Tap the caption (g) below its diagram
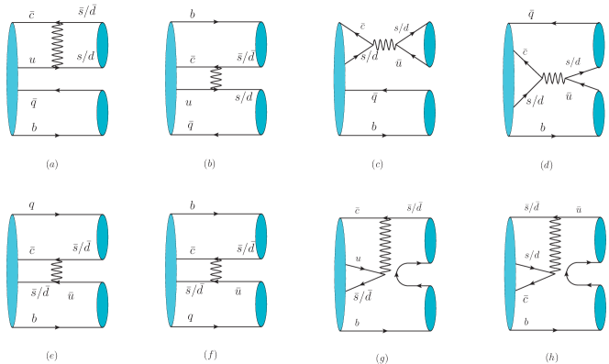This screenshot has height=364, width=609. coord(382,357)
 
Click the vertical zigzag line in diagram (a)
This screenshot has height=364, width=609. coord(57,44)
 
